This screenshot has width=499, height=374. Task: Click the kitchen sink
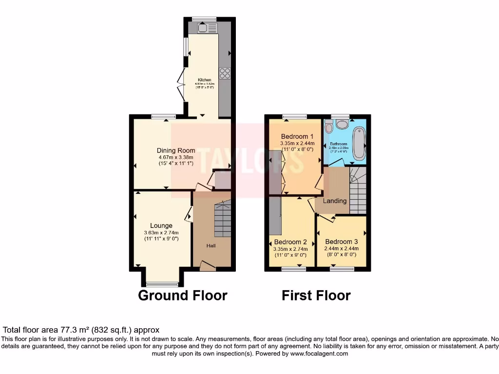(x=207, y=28)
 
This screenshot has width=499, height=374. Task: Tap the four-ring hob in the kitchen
(x=225, y=73)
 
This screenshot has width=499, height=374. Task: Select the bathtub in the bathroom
(x=359, y=143)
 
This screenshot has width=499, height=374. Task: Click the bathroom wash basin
(x=343, y=124)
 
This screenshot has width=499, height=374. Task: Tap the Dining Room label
(x=176, y=150)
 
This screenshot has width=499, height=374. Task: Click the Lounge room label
(x=161, y=225)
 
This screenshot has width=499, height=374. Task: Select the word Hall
(x=211, y=245)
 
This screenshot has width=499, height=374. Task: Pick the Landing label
(x=335, y=201)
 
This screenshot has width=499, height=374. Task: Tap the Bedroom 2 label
(x=290, y=242)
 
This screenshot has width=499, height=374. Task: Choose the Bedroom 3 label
(x=342, y=242)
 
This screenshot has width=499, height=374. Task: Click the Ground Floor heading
(x=183, y=295)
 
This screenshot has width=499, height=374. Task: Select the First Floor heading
(x=316, y=295)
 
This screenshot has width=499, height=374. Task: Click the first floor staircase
(x=358, y=190)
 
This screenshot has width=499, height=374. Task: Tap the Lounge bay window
(x=162, y=284)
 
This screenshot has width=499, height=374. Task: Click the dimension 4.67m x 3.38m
(x=176, y=157)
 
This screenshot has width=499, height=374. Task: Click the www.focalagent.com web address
(x=319, y=354)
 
